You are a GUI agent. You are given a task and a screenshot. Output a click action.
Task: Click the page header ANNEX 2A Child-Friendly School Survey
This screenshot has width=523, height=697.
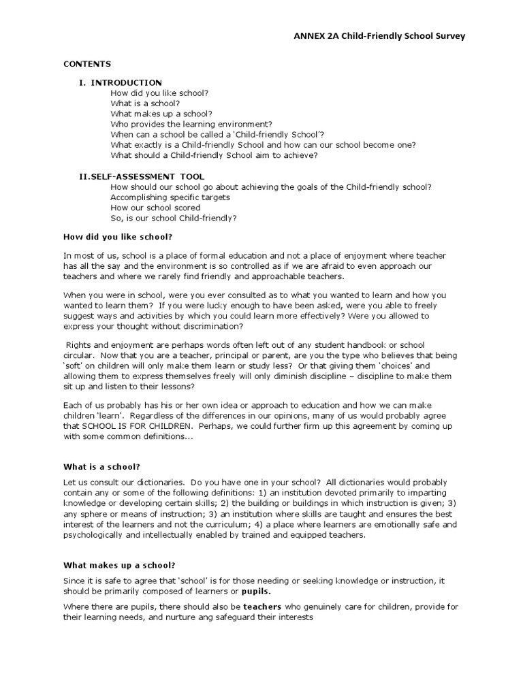(x=379, y=36)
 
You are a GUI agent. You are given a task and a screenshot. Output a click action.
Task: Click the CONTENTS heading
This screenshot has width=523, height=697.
(x=87, y=64)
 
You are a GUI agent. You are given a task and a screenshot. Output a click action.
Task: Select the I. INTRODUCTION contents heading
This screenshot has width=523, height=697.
(x=121, y=82)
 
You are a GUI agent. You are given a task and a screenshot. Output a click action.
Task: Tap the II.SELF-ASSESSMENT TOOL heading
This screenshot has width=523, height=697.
(x=141, y=176)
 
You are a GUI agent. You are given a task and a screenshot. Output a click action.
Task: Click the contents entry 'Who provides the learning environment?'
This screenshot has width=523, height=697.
(x=191, y=124)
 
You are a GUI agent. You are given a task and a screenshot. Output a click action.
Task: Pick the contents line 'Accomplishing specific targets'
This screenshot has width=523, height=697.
(x=170, y=197)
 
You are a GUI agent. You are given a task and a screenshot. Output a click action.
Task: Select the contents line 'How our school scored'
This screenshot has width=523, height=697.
(x=155, y=208)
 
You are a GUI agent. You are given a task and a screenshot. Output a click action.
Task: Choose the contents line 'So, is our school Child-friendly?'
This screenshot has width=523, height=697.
(x=174, y=218)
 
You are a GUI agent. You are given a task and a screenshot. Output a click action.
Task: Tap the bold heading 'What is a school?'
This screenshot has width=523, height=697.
(x=101, y=466)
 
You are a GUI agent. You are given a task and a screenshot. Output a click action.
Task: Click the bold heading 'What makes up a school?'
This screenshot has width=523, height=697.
(x=119, y=564)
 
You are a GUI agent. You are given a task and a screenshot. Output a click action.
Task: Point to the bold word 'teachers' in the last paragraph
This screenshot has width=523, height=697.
(x=262, y=606)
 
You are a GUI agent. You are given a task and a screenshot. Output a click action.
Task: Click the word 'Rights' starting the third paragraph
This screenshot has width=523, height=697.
(x=78, y=346)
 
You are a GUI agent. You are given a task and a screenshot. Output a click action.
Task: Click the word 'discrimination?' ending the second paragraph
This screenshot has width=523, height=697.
(x=212, y=326)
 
